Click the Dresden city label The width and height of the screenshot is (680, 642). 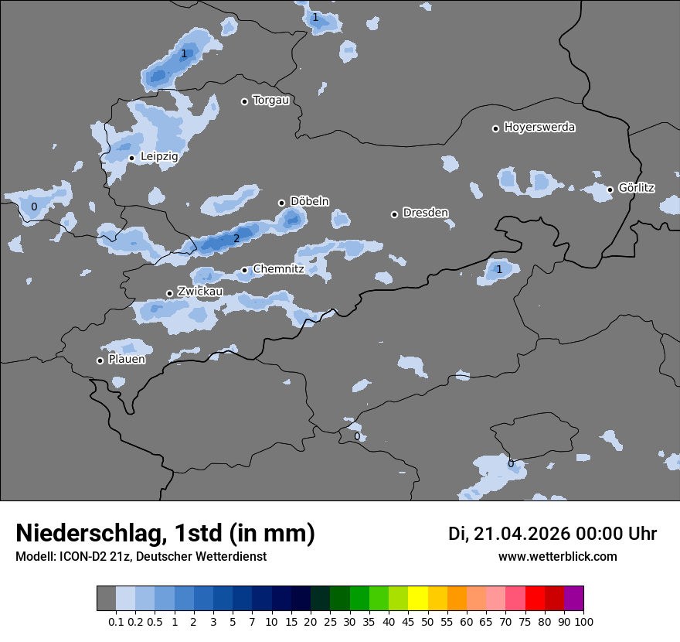coord(425,213)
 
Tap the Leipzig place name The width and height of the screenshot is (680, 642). coord(159,156)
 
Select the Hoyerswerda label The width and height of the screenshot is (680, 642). coord(539,127)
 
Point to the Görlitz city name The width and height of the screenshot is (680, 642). coord(636,188)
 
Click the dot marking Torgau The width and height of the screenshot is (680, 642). coord(244,101)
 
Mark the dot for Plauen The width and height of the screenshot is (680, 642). coord(100,360)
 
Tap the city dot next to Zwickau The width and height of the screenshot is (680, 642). coord(169,293)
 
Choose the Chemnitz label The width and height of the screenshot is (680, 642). coord(278,269)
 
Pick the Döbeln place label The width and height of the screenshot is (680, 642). coord(309,201)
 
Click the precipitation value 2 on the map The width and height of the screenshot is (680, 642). coord(236,238)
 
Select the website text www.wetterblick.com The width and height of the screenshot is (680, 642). coord(557,557)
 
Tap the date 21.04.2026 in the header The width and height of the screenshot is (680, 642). coord(519,534)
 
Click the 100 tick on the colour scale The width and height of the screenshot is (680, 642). coord(583,622)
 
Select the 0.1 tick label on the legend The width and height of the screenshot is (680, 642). coord(116,622)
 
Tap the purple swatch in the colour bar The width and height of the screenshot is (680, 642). coord(573,599)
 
